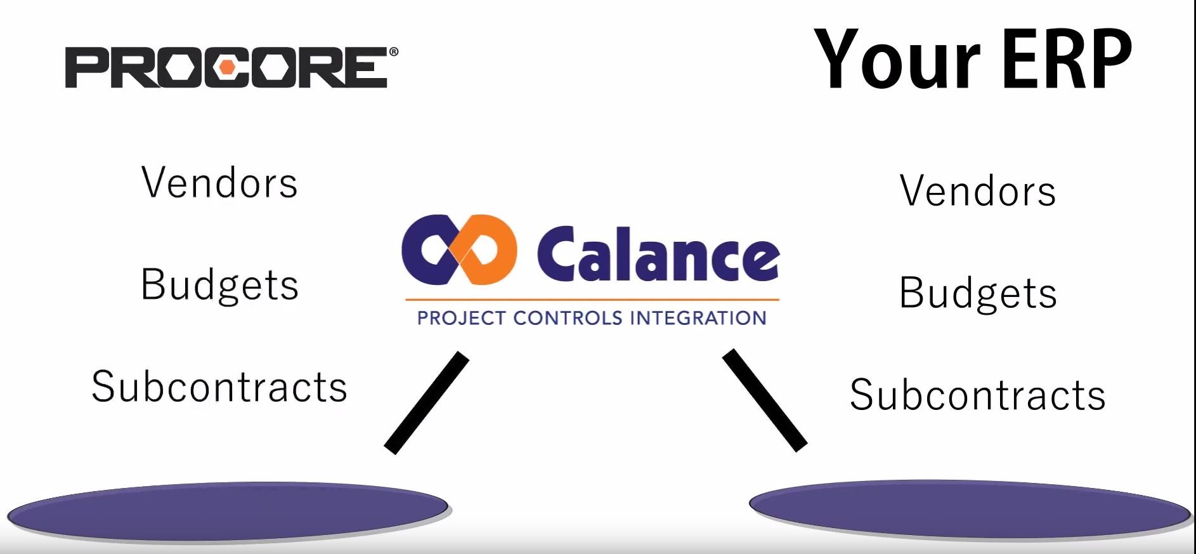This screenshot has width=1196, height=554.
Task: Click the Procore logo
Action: pyautogui.click(x=232, y=67)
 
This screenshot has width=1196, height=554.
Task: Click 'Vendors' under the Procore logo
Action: pyautogui.click(x=219, y=183)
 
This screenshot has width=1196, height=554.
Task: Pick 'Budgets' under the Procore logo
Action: pyautogui.click(x=219, y=284)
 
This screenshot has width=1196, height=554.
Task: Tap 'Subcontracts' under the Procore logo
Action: pyautogui.click(x=219, y=386)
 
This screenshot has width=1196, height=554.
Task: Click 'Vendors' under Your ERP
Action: pyautogui.click(x=978, y=190)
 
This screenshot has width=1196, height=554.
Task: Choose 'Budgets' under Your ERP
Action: pyautogui.click(x=978, y=293)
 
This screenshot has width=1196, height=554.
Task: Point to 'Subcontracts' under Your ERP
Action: pyautogui.click(x=978, y=395)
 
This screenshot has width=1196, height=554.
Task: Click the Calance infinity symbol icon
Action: pyautogui.click(x=458, y=249)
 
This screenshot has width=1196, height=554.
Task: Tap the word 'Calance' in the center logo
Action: pyautogui.click(x=658, y=253)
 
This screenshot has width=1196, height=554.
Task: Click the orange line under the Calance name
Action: pyautogui.click(x=592, y=299)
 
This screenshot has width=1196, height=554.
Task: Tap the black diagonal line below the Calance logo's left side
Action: pyautogui.click(x=427, y=403)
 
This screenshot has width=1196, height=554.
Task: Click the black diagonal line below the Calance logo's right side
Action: pyautogui.click(x=765, y=400)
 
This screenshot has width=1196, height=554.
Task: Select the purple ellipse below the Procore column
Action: pyautogui.click(x=228, y=511)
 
